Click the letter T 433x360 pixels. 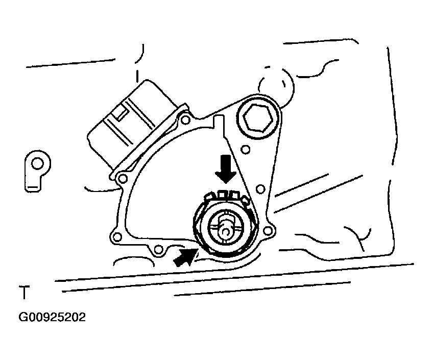point(23,294)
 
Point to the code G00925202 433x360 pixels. point(53,317)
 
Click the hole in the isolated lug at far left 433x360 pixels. point(37,163)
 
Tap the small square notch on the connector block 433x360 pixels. point(122,113)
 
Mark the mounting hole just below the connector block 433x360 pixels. point(122,179)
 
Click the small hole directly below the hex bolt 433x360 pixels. point(246,150)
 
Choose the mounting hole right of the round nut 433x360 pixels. point(260,189)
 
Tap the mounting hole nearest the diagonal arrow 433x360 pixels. point(159,249)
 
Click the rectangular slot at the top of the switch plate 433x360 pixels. point(219,123)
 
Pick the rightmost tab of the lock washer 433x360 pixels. point(244,201)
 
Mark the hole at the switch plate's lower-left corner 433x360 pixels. point(116,237)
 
